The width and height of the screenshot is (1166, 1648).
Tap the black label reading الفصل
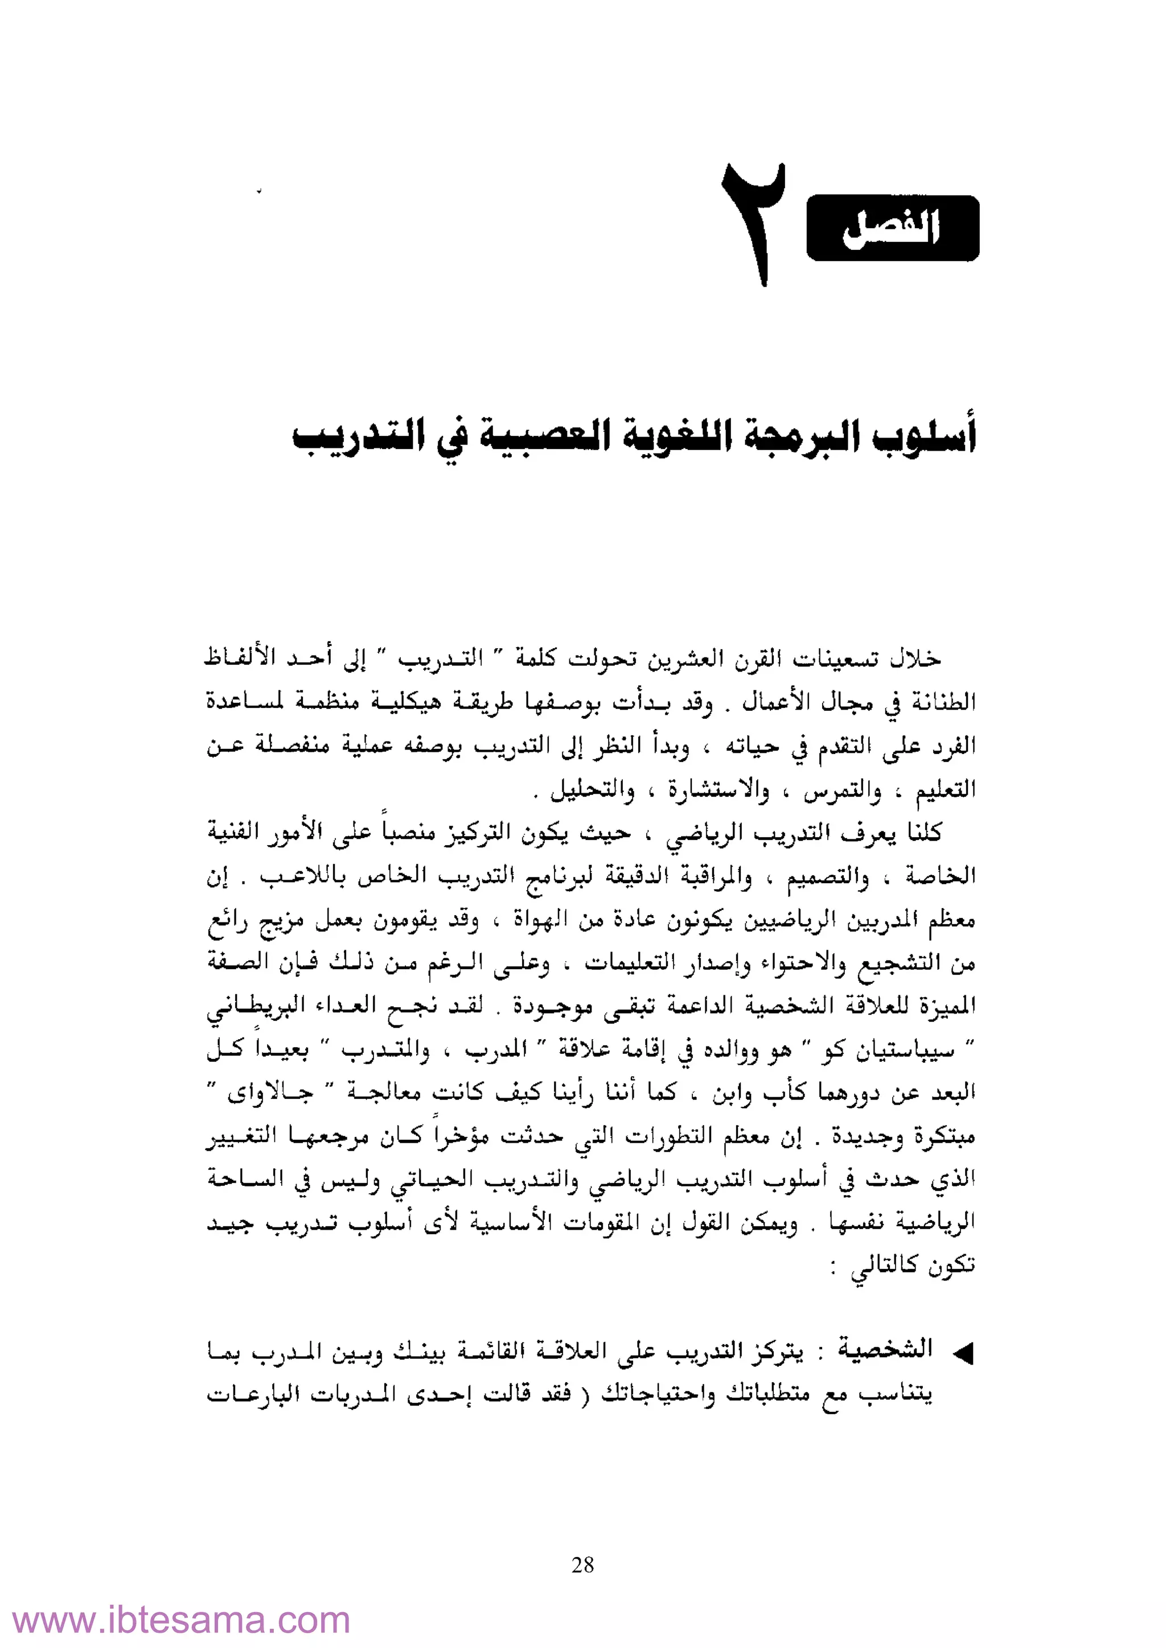point(893,228)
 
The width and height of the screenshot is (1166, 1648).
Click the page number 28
point(582,1565)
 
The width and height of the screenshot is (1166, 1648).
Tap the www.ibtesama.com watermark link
point(182,1620)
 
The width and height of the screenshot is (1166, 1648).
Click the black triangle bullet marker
point(963,1354)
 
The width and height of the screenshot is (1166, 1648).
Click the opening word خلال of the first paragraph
point(915,659)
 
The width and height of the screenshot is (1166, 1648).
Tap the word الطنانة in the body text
point(943,701)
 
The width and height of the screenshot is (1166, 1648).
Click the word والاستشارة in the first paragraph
point(719,791)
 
